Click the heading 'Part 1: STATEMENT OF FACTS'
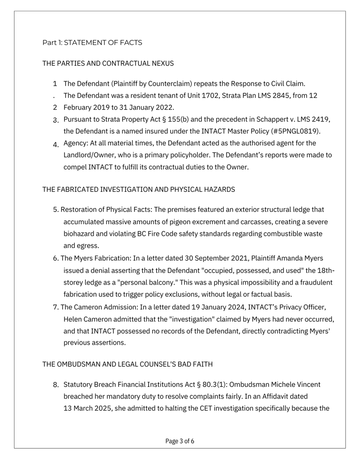pyautogui.click(x=92, y=43)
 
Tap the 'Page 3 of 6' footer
pyautogui.click(x=180, y=441)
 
